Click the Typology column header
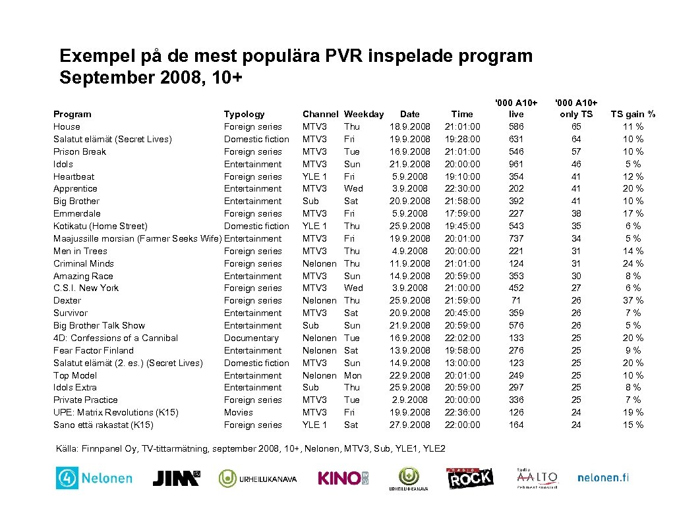[x=244, y=114]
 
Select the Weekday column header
[x=363, y=114]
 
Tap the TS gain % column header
[x=633, y=114]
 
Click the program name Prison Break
[x=80, y=151]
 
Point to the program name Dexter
[x=67, y=300]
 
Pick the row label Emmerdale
[x=77, y=213]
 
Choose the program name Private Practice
[x=86, y=400]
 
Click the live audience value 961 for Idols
[x=516, y=164]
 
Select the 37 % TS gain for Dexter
[x=633, y=300]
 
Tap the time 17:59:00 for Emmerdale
[x=462, y=213]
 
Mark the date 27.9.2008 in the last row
[x=409, y=425]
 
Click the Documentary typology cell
[x=251, y=338]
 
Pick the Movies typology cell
[x=238, y=412]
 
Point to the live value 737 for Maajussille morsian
[x=516, y=238]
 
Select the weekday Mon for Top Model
[x=353, y=375]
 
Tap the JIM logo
[x=176, y=478]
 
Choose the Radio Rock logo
[x=470, y=478]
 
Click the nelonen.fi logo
[x=602, y=478]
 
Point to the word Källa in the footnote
[x=68, y=449]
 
